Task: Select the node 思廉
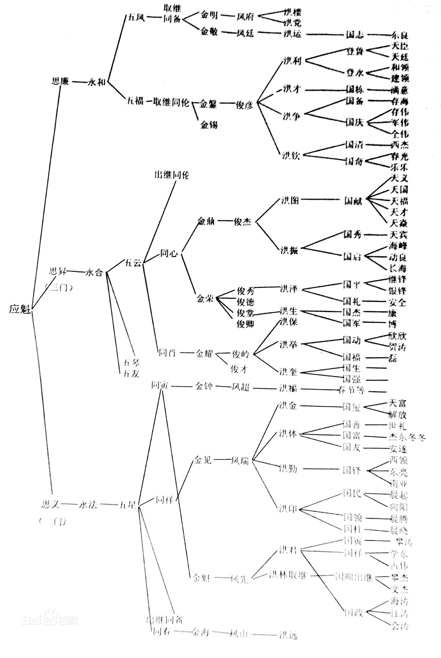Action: click(x=60, y=81)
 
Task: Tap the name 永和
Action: click(x=97, y=82)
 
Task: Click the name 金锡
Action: click(x=209, y=124)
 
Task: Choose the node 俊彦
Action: click(x=244, y=105)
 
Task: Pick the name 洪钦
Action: click(x=291, y=155)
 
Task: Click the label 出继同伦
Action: click(x=172, y=175)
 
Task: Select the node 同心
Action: click(x=169, y=253)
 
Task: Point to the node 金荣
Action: click(x=205, y=298)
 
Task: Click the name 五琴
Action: click(x=132, y=362)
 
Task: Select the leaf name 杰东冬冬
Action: click(x=407, y=437)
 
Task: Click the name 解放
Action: click(x=397, y=415)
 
